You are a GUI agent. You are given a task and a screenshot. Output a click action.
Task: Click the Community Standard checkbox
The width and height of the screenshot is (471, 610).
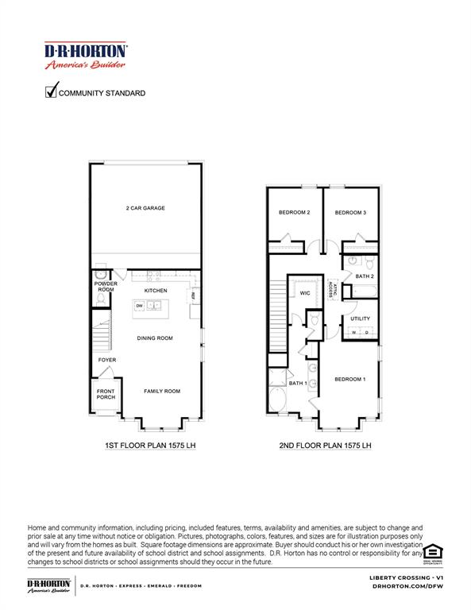click(52, 91)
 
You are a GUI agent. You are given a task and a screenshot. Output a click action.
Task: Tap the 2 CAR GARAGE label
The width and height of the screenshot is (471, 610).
click(145, 208)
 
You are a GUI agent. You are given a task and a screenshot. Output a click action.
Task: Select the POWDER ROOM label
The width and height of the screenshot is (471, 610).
click(106, 287)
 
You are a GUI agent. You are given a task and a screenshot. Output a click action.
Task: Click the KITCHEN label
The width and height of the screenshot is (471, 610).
click(156, 291)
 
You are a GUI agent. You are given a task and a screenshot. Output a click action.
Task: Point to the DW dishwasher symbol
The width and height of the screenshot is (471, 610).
click(140, 305)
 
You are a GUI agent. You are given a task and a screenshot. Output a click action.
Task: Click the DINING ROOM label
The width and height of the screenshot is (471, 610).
click(156, 338)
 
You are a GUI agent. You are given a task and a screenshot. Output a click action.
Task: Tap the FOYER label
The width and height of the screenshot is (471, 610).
click(107, 360)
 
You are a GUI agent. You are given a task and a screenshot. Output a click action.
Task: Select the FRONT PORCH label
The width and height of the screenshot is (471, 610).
click(106, 394)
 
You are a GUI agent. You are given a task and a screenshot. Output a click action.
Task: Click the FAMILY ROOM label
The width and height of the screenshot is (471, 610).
click(162, 391)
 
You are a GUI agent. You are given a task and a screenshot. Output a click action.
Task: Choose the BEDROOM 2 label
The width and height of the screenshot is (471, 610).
click(294, 213)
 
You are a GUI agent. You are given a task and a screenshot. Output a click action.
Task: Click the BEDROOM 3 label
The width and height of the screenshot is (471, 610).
click(349, 213)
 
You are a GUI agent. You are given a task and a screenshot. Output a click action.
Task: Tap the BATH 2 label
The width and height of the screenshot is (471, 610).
click(365, 276)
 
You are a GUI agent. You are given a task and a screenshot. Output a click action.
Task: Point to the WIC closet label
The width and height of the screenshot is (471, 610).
click(304, 292)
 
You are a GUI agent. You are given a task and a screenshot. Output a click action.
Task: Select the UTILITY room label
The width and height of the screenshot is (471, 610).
click(360, 319)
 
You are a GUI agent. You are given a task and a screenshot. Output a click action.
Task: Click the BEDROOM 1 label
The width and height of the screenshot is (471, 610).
click(349, 379)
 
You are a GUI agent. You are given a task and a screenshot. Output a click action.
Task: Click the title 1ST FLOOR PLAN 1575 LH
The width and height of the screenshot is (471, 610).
click(150, 446)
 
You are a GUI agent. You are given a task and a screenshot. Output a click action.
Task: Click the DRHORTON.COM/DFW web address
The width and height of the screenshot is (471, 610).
click(407, 585)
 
